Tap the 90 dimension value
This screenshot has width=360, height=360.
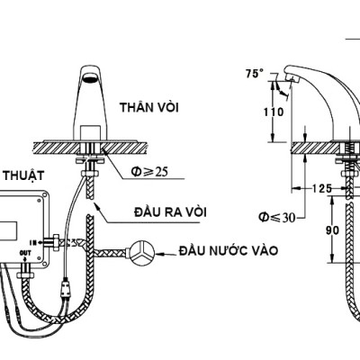(331, 231)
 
